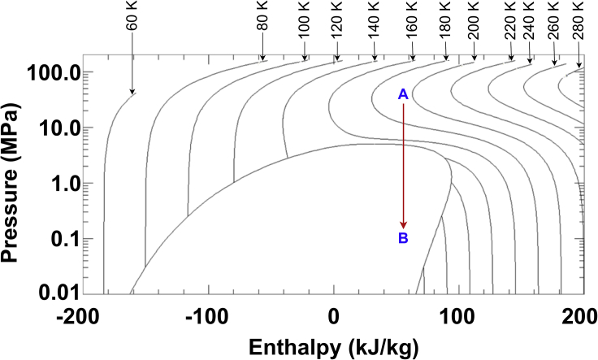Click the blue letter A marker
coord(402,95)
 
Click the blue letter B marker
coord(402,238)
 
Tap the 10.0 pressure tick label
coord(54,128)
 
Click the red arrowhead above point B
coord(402,225)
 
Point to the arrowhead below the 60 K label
coord(132,91)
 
